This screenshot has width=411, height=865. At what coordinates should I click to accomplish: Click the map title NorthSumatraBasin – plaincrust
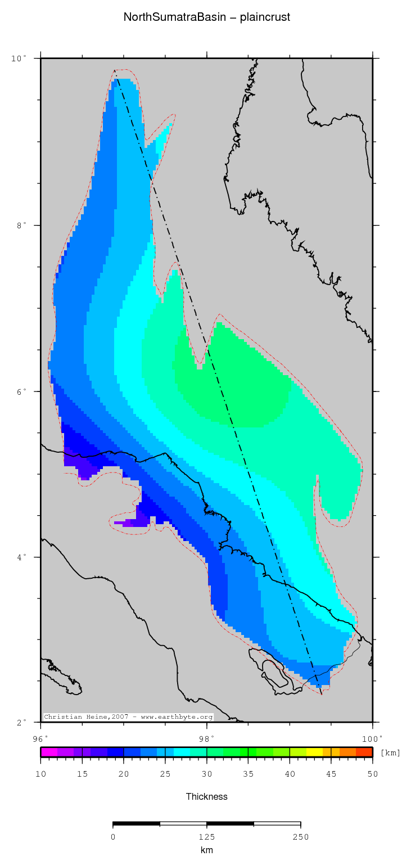pos(206,17)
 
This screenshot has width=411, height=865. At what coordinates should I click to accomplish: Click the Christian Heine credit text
pos(128,717)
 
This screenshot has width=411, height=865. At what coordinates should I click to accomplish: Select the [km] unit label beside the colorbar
pos(390,753)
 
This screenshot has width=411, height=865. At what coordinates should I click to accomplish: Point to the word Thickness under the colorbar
pos(206,796)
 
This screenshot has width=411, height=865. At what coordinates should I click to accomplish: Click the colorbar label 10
pos(40,774)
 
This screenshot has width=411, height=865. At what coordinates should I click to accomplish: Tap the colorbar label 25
pos(165,774)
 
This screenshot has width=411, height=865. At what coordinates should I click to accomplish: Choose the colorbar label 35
pos(248,774)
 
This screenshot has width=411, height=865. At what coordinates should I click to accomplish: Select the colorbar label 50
pos(372,774)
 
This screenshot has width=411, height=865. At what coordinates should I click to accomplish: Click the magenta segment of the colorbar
pos(49,752)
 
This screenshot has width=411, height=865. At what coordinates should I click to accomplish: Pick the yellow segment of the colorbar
pos(314,752)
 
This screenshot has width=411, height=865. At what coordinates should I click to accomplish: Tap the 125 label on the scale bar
pos(206,837)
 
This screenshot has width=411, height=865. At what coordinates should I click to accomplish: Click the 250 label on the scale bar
pos(300,837)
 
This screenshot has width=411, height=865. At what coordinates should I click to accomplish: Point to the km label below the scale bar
pos(206,850)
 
